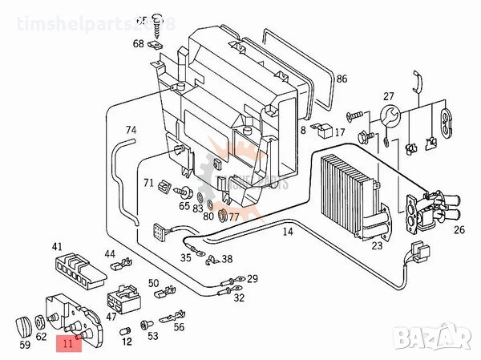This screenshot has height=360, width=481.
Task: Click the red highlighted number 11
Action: point(67,346)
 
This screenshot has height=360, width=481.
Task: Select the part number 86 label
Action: point(342,79)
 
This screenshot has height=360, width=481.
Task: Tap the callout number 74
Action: point(131,129)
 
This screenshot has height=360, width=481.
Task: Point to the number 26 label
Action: point(459,231)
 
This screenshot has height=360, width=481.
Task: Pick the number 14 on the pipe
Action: point(287,232)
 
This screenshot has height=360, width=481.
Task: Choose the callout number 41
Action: point(57,246)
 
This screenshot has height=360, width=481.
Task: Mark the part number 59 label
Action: point(26,346)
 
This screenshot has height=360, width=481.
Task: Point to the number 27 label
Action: point(389,97)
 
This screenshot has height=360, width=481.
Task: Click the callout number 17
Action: point(340,132)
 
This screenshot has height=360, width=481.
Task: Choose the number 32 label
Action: point(239,297)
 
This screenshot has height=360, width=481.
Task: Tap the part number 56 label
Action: point(179,326)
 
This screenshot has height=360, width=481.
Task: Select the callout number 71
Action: point(148,184)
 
